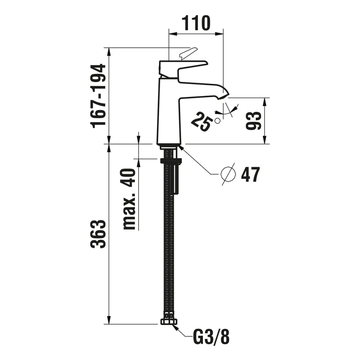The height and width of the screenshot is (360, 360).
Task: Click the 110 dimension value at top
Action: pos(196,23)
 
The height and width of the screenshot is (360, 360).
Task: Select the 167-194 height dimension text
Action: pos(98,96)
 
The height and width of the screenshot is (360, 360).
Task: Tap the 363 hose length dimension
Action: pos(98,234)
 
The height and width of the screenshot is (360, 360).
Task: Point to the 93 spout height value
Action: pos(254,121)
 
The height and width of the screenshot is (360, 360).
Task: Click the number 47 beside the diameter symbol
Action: pos(250,174)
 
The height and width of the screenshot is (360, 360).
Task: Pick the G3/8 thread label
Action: pos(211,337)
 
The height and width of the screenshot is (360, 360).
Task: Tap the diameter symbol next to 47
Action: pos(228,174)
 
